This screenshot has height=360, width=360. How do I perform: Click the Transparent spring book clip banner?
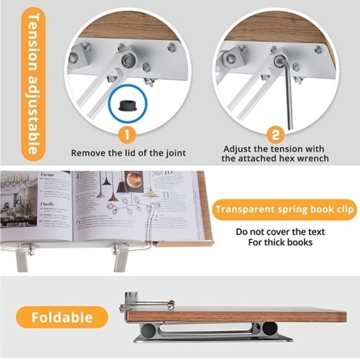(x=285, y=209)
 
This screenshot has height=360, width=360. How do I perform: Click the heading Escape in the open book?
(x=48, y=175)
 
